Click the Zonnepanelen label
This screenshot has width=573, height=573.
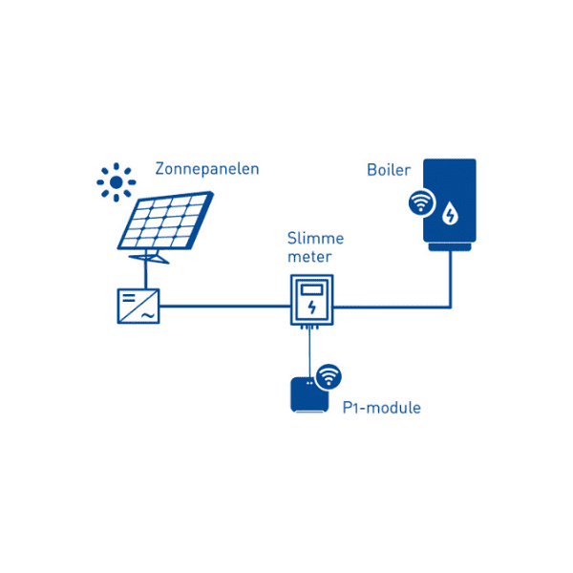tap(206, 170)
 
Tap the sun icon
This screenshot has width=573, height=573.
tap(117, 180)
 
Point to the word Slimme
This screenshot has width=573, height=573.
tap(315, 238)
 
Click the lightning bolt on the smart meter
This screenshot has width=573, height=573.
tap(311, 307)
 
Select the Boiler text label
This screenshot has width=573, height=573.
tap(389, 170)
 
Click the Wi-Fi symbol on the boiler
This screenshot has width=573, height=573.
tap(419, 203)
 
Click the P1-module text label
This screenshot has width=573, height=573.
tap(381, 409)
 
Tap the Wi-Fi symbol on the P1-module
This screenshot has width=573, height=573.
tap(328, 376)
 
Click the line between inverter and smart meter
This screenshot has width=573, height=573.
tap(224, 308)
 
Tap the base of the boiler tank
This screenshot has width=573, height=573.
tap(449, 247)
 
